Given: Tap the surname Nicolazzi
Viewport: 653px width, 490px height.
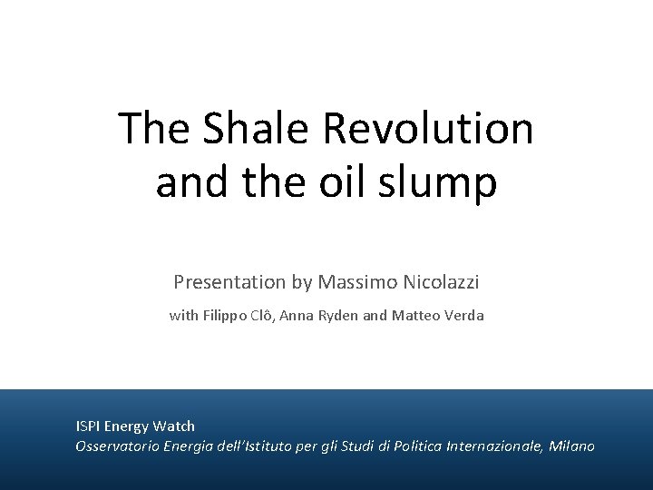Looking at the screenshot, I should click(x=439, y=283).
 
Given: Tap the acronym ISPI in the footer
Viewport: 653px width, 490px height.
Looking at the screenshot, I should click(x=88, y=426).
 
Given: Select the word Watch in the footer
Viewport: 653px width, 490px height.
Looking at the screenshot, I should click(x=175, y=426).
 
